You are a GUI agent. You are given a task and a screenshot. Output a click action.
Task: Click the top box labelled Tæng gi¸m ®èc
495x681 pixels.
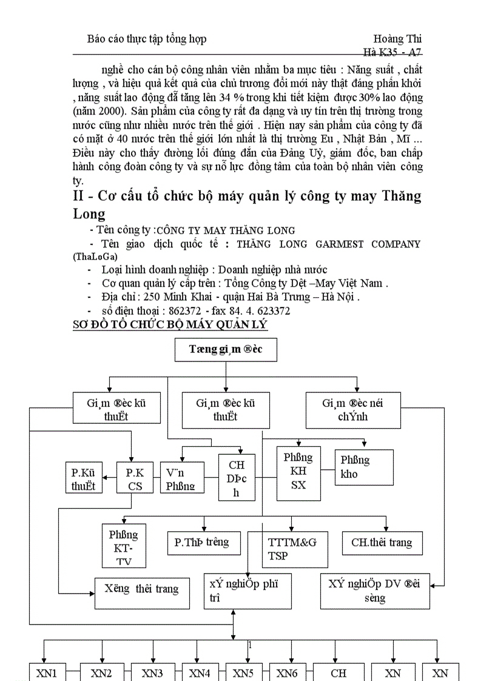pyautogui.click(x=226, y=350)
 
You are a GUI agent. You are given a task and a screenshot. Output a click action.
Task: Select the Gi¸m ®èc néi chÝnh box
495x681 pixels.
pyautogui.click(x=352, y=409)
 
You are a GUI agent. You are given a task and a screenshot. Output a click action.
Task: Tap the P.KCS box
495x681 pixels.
pyautogui.click(x=135, y=478)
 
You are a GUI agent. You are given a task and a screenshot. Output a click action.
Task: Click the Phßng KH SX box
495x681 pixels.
pyautogui.click(x=298, y=472)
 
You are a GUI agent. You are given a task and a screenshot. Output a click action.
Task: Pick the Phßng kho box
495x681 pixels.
pyautogui.click(x=364, y=467)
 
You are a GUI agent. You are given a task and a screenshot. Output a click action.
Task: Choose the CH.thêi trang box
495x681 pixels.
pyautogui.click(x=382, y=543)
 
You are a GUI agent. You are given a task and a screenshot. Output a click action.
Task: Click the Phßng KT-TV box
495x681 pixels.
pyautogui.click(x=124, y=546)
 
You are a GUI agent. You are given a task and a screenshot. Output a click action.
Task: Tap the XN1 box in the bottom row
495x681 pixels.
pyautogui.click(x=47, y=673)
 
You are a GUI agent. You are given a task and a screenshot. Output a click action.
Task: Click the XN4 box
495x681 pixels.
pyautogui.click(x=200, y=673)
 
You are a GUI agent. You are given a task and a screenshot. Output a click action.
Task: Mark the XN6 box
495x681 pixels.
pyautogui.click(x=287, y=673)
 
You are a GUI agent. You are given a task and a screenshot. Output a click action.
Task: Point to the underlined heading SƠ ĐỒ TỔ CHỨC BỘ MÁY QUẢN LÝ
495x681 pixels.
pyautogui.click(x=170, y=324)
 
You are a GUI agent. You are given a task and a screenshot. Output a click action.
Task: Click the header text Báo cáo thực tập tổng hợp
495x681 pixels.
pyautogui.click(x=146, y=39)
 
